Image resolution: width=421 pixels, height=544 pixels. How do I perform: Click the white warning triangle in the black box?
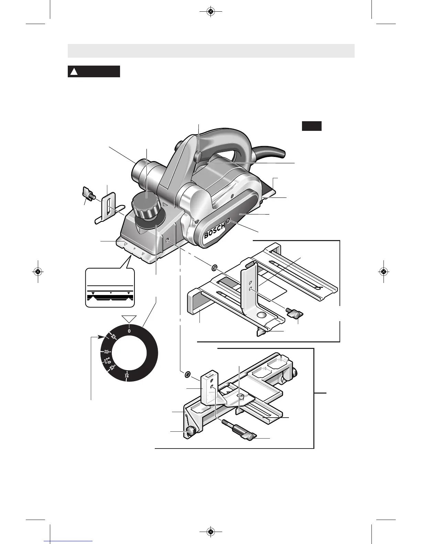pos(74,72)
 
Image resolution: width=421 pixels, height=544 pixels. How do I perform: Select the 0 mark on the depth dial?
pos(129,331)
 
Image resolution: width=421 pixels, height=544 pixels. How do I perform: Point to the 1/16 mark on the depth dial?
pos(127,375)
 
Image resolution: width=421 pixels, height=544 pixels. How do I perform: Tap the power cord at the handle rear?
pos(272,151)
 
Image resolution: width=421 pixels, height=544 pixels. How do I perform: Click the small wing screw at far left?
pos(88,195)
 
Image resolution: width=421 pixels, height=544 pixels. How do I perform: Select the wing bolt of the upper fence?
pos(294,313)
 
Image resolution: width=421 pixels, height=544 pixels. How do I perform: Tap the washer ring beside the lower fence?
pos(188,373)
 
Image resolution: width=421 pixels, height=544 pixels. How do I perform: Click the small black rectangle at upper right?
pos(312,126)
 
